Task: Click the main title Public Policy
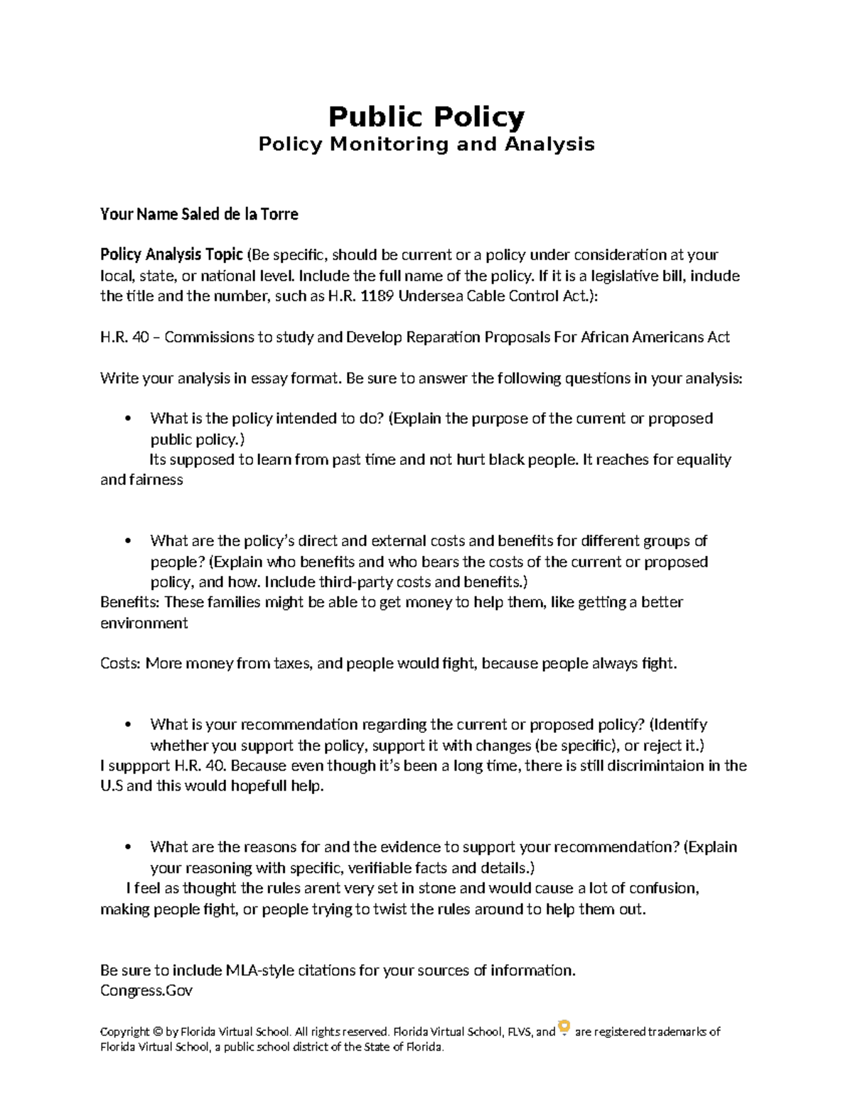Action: [x=426, y=117]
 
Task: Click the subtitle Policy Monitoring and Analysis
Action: [x=426, y=144]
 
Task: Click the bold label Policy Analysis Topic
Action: [x=171, y=254]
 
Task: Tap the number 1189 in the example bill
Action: [x=377, y=296]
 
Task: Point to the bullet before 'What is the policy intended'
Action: [x=128, y=419]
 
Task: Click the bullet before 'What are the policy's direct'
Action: [x=128, y=541]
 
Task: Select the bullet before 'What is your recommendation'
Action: [x=128, y=724]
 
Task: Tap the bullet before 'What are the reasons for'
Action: [x=128, y=847]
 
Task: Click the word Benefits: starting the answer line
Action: [x=130, y=602]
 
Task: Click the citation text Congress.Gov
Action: [x=146, y=990]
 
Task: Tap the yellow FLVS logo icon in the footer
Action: [x=564, y=1028]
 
